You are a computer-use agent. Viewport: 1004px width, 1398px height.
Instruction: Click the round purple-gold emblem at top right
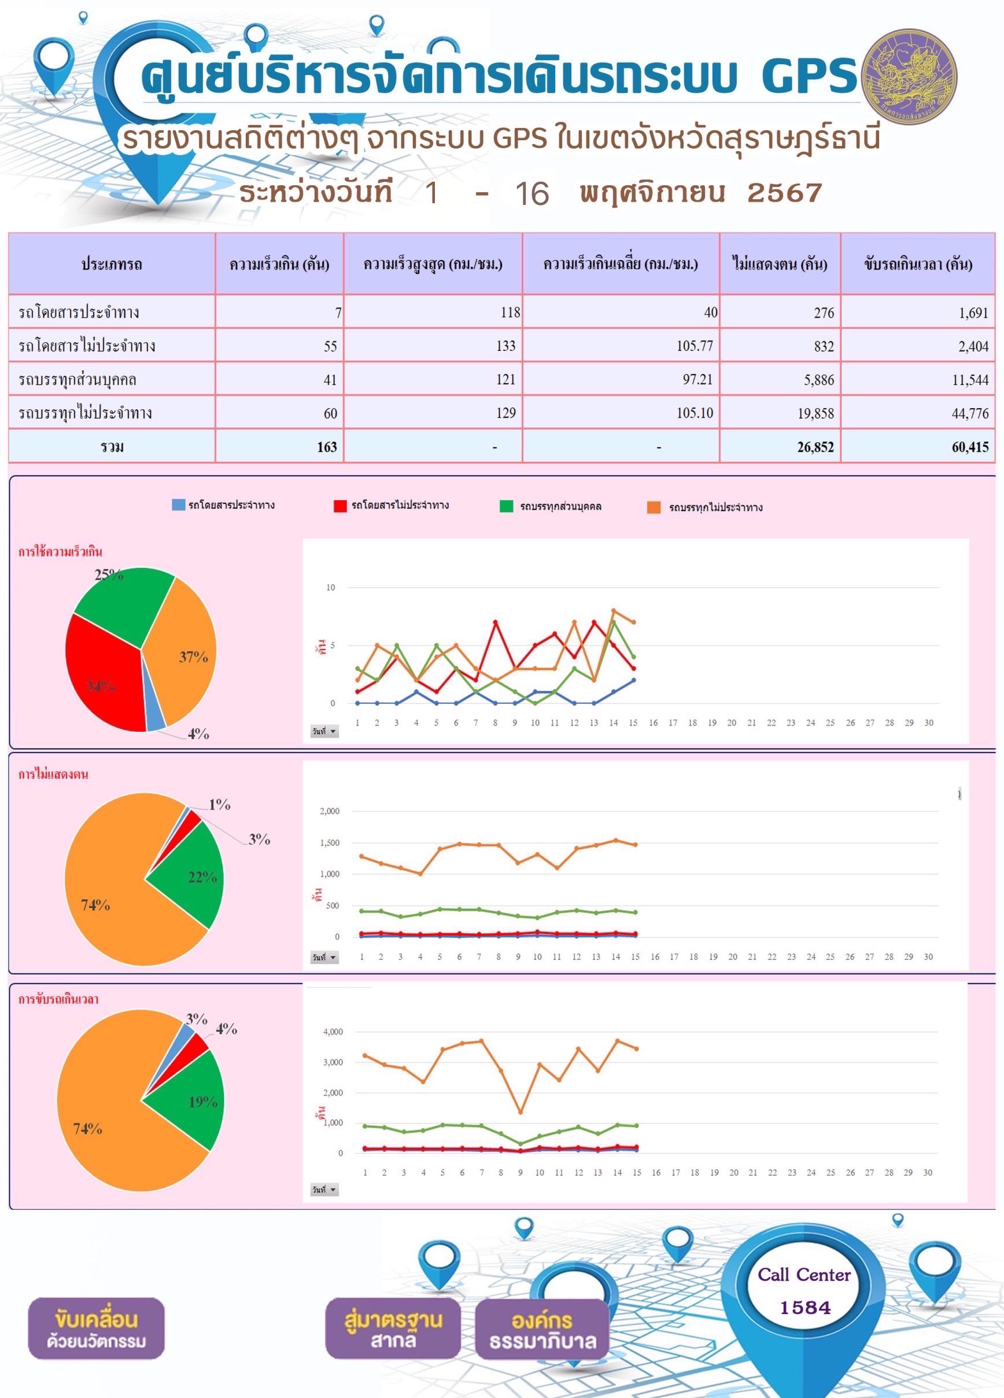(909, 77)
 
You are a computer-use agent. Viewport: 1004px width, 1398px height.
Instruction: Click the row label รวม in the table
(112, 447)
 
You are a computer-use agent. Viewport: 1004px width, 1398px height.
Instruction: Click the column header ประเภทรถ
(112, 265)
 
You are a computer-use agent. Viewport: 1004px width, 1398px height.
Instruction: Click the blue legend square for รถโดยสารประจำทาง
(178, 505)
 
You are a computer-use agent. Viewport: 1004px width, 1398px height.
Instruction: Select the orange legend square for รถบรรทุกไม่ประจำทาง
(654, 507)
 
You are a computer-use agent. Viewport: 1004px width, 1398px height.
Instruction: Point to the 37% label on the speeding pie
(193, 657)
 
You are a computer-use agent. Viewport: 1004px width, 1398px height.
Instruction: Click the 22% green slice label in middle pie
(202, 876)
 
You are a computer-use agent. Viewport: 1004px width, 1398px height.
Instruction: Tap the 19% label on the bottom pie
(202, 1102)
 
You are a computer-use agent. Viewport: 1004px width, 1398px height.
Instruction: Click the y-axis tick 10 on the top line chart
(331, 588)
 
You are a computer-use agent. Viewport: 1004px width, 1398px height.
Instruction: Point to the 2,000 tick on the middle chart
(330, 811)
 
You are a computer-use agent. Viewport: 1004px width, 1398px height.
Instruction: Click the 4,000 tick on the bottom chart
(333, 1032)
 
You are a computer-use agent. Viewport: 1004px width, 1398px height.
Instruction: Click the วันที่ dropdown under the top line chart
(324, 732)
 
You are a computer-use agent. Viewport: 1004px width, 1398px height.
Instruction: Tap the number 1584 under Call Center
(805, 1307)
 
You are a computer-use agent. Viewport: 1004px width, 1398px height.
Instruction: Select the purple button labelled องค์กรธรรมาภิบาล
(542, 1329)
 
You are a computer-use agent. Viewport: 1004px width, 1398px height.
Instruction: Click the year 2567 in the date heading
(785, 193)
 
